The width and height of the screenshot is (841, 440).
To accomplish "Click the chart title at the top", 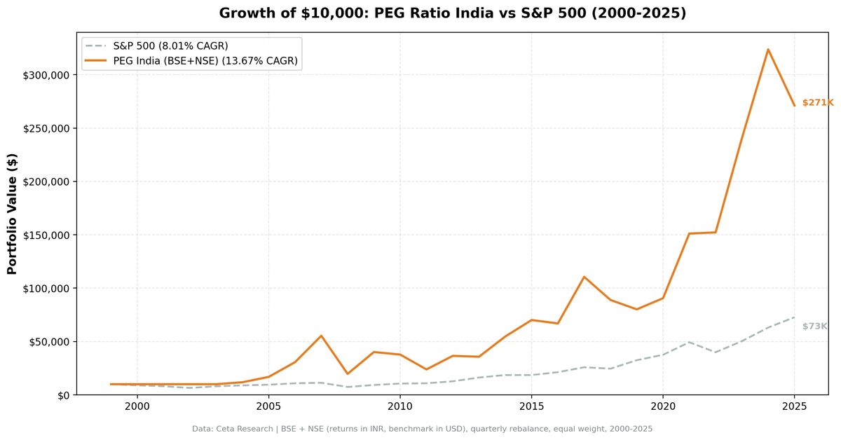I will [x=452, y=13].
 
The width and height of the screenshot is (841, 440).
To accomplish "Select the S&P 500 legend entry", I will [x=170, y=46].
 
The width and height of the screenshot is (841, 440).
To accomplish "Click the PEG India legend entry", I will [x=205, y=62].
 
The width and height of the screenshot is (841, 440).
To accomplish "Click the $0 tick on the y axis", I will [x=63, y=395].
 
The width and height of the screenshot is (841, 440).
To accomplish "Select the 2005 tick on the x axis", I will [x=268, y=407].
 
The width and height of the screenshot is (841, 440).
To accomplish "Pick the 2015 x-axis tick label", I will [x=531, y=407].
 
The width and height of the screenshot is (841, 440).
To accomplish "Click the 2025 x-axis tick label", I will [x=794, y=407].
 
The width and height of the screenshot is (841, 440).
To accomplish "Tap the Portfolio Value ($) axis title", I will [x=12, y=214].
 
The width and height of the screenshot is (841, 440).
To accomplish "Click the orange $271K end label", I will [x=817, y=103].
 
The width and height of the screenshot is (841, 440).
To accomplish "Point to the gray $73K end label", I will [x=814, y=326].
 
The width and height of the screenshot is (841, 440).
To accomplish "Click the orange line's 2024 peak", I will [x=768, y=49].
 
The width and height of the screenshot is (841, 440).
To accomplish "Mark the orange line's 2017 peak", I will [x=584, y=277].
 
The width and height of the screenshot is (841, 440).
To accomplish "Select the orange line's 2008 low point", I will [x=348, y=373].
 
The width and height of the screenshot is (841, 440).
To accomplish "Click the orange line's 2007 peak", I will [x=321, y=336].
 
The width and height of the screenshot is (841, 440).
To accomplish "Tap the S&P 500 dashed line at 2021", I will [x=689, y=342].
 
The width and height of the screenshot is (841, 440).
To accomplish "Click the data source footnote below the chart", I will [x=422, y=429].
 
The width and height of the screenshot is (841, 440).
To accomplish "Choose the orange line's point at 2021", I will [x=689, y=233].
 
